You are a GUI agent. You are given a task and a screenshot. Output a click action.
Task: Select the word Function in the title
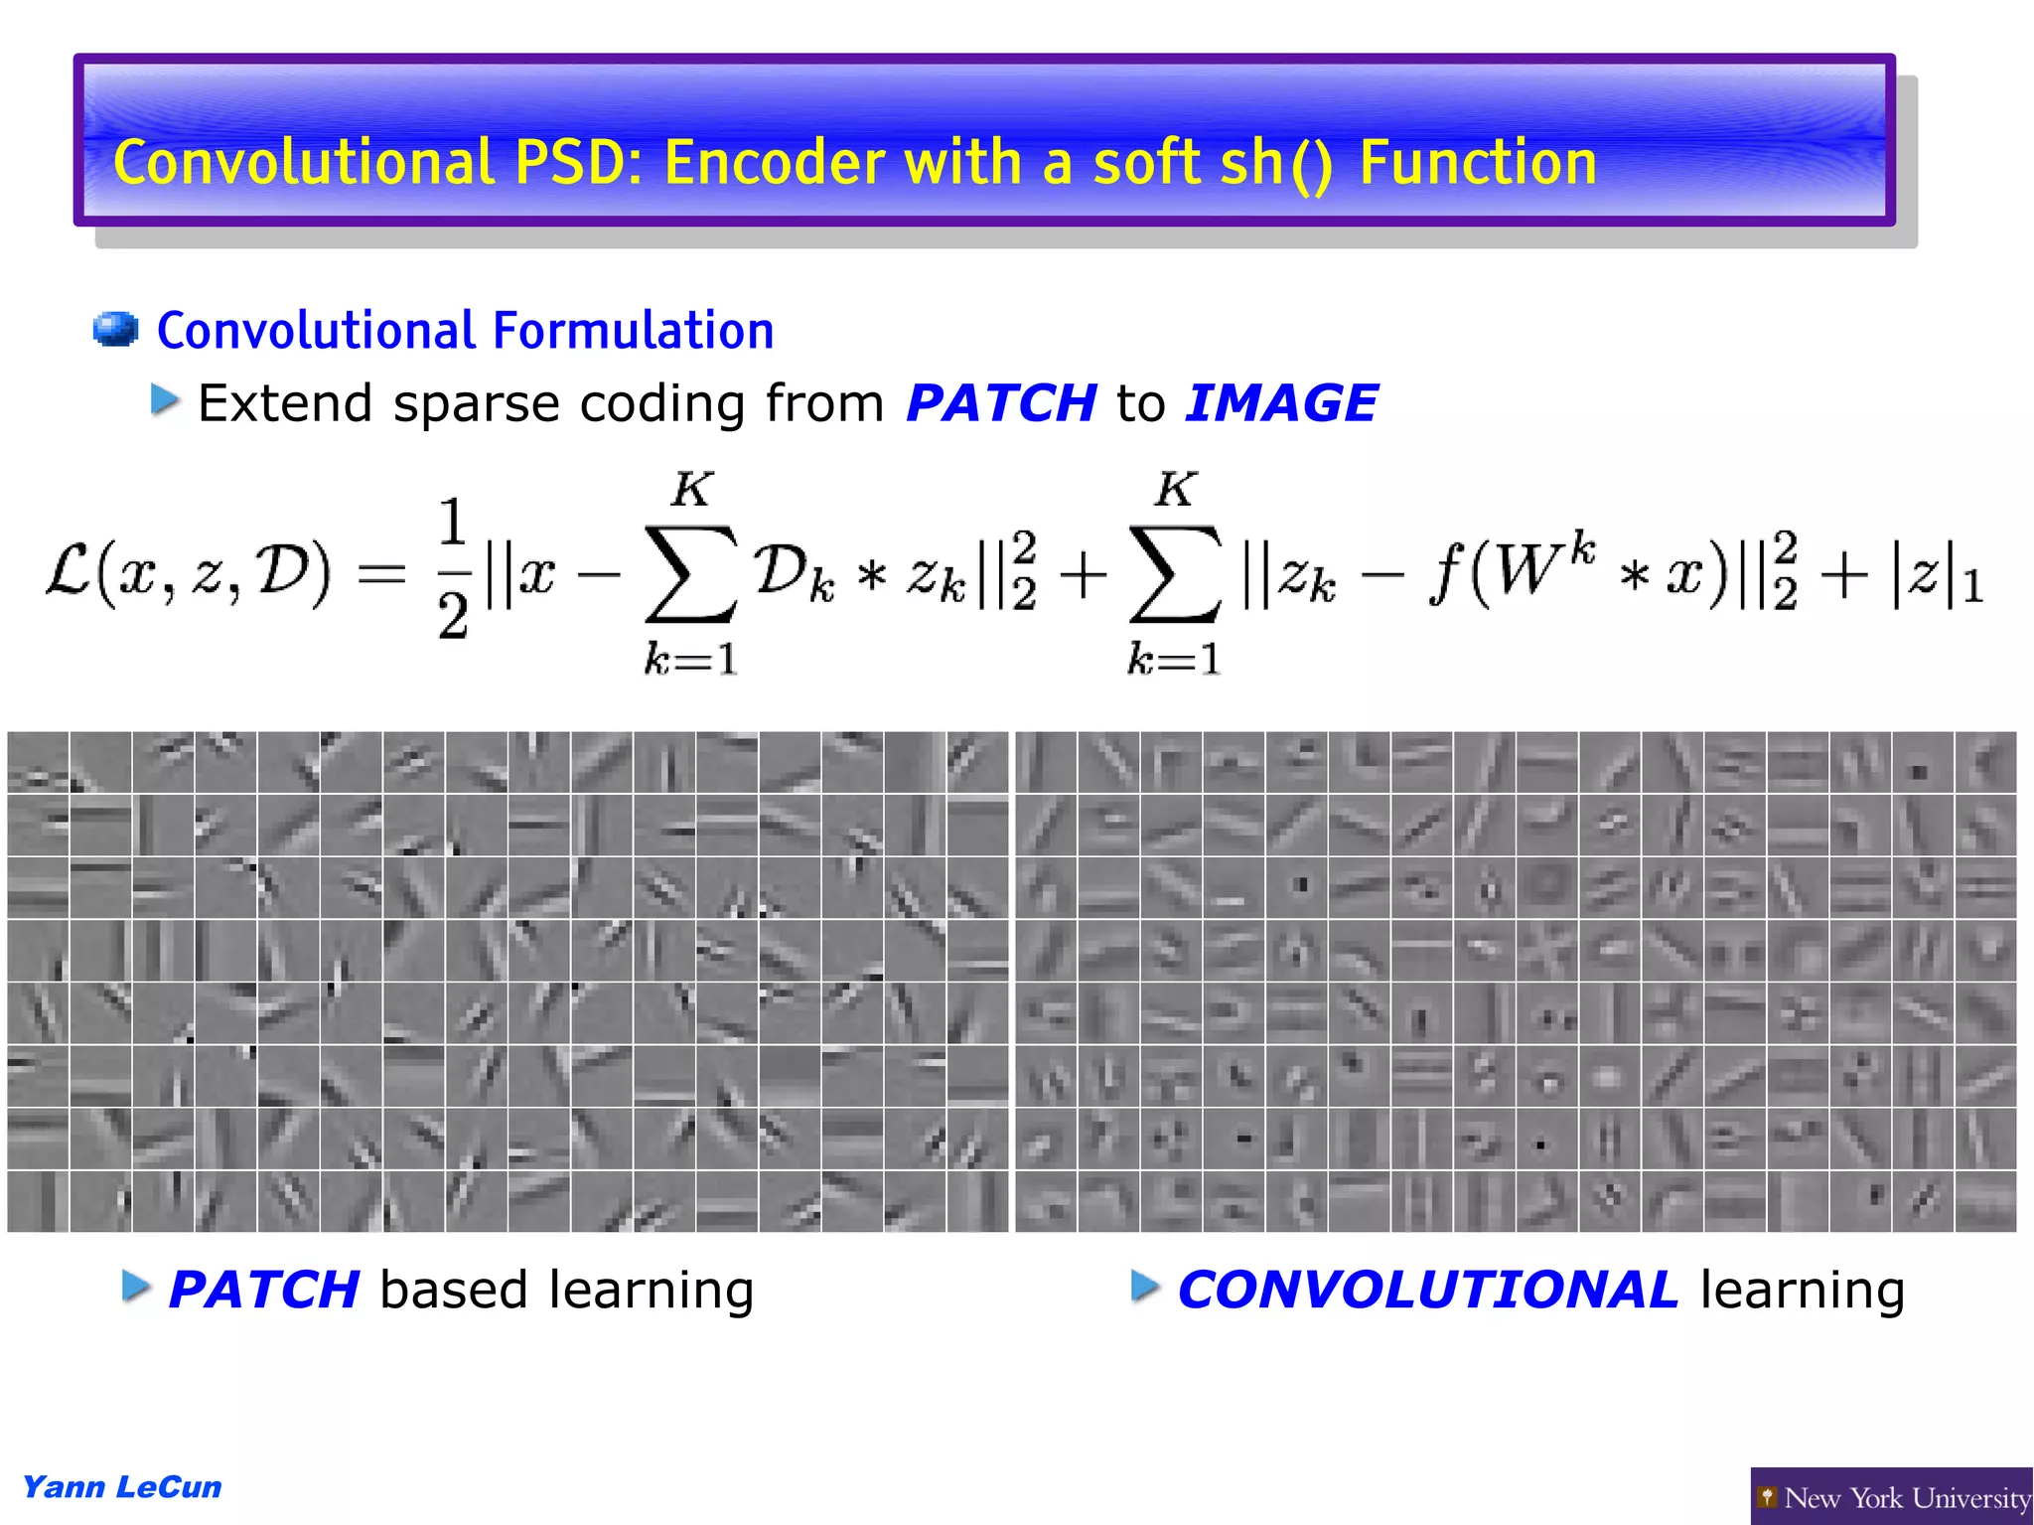1478,163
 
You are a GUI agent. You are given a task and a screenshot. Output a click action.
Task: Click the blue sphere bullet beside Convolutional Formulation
115,330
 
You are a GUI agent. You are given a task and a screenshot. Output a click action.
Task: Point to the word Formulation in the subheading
633,330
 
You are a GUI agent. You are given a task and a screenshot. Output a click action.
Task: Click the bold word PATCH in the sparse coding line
1001,403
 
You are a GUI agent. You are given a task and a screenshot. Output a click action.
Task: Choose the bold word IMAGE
1281,403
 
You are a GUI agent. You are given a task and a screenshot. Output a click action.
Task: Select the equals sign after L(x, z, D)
382,574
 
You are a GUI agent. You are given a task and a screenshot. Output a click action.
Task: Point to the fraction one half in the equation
453,568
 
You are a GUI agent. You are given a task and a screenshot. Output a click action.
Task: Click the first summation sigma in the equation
691,574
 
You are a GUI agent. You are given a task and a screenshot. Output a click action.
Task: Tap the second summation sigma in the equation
1175,574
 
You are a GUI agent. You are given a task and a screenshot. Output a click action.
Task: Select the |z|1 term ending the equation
1937,576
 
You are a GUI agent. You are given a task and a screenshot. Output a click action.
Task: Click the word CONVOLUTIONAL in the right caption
1427,1291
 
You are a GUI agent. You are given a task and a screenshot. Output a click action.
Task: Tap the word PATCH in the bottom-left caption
264,1291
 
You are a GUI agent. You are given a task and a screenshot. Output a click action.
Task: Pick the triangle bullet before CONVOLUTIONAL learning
1145,1287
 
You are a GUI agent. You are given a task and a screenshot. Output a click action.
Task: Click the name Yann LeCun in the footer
122,1487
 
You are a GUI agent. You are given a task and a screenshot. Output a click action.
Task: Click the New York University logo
1893,1497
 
